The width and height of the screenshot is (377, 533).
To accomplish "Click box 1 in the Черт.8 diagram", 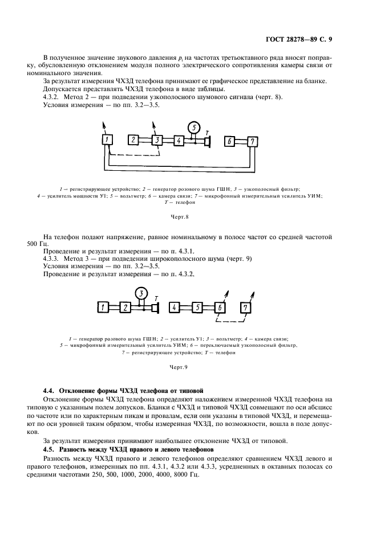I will (107, 141).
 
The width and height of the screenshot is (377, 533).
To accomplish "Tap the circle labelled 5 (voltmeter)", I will (194, 127).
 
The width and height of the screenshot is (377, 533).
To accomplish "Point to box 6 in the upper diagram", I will (230, 142).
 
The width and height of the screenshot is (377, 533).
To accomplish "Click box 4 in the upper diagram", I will (179, 141).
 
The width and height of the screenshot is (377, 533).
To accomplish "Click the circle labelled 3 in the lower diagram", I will (140, 294).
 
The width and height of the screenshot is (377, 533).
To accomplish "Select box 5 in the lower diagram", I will (197, 307).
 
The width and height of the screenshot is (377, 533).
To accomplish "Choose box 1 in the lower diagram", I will (103, 307).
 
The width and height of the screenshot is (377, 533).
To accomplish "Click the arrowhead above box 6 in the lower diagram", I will (228, 291).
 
